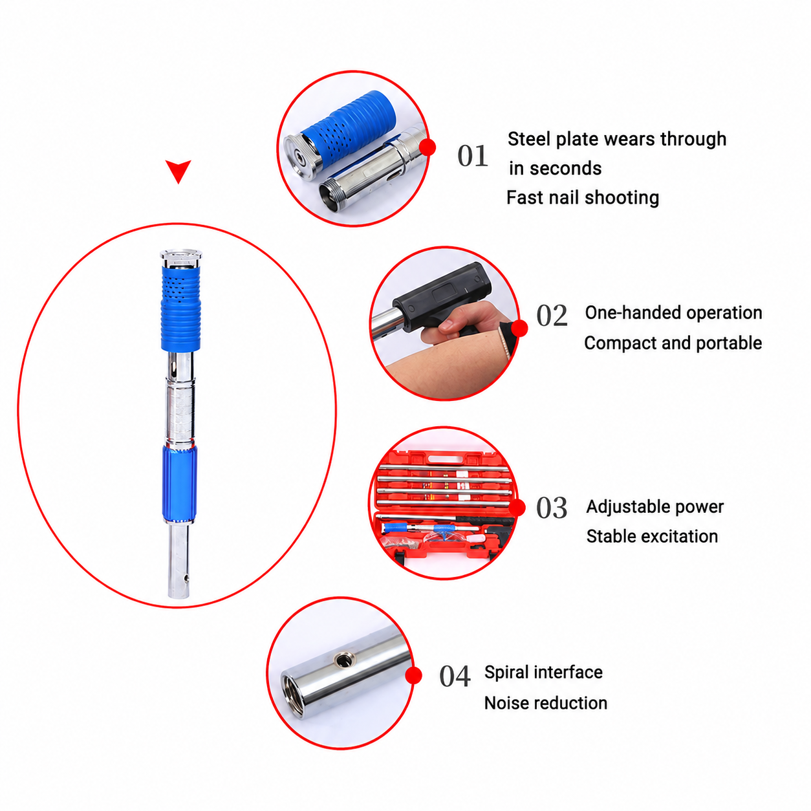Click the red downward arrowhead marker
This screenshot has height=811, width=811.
(x=178, y=170)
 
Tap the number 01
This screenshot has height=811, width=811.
(x=472, y=156)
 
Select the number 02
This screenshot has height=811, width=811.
(x=552, y=316)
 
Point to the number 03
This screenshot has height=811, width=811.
(x=552, y=508)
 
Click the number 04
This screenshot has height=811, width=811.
(x=455, y=676)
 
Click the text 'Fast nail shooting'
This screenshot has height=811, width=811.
(x=583, y=198)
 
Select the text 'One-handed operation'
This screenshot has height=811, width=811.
(x=673, y=313)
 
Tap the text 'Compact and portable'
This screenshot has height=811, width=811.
(x=673, y=343)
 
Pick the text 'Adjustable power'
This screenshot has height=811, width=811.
(x=655, y=507)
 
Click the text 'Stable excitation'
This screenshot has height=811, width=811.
(x=652, y=537)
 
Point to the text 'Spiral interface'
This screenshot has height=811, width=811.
(x=543, y=672)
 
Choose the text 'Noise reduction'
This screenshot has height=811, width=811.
(x=545, y=703)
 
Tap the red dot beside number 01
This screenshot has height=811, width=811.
(x=427, y=147)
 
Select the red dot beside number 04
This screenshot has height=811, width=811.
(x=413, y=675)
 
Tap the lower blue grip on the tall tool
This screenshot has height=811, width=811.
(x=180, y=484)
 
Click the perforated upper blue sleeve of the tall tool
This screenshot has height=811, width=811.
(x=180, y=307)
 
